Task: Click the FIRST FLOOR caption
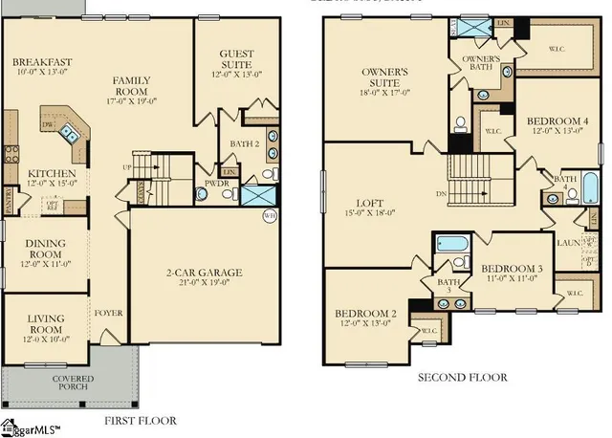139,420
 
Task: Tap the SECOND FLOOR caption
462,377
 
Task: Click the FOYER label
108,312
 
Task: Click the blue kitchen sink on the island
69,133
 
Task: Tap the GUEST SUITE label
236,59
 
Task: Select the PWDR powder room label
215,181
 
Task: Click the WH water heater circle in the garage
270,216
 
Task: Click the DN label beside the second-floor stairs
441,192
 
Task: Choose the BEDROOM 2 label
365,314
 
